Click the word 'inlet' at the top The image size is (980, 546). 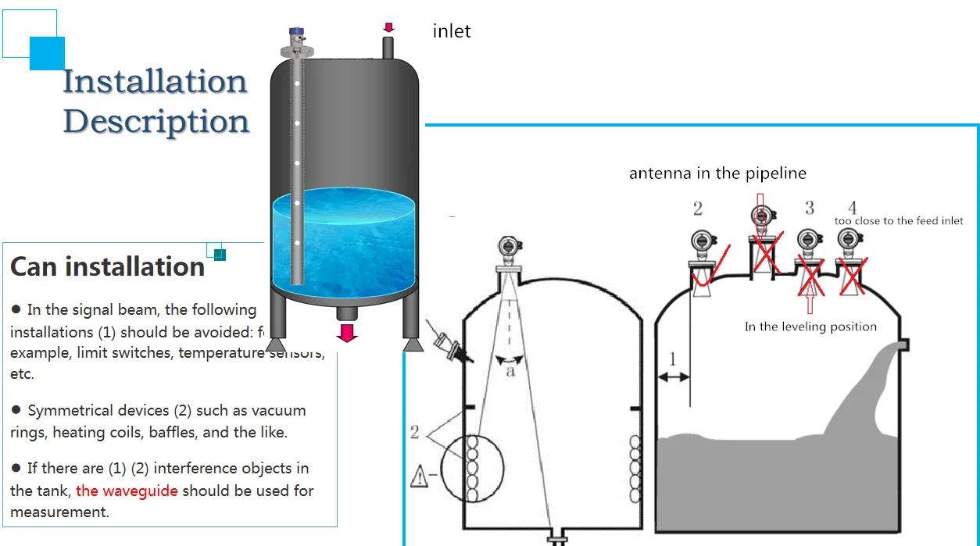pyautogui.click(x=452, y=32)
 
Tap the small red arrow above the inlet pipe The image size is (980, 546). pyautogui.click(x=388, y=28)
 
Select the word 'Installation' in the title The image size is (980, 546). pyautogui.click(x=155, y=81)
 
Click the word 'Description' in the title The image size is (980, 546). pyautogui.click(x=156, y=121)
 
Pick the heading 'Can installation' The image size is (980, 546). pyautogui.click(x=107, y=267)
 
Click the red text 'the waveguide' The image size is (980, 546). pyautogui.click(x=127, y=491)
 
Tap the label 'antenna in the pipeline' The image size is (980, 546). pyautogui.click(x=717, y=173)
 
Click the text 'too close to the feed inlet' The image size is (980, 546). pyautogui.click(x=899, y=221)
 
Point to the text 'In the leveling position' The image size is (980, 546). pyautogui.click(x=810, y=327)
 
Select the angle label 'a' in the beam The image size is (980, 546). pyautogui.click(x=510, y=371)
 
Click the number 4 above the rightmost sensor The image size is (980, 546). pyautogui.click(x=852, y=207)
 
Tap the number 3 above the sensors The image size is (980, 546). pyautogui.click(x=810, y=207)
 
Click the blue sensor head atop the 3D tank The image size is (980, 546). pyautogui.click(x=296, y=34)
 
